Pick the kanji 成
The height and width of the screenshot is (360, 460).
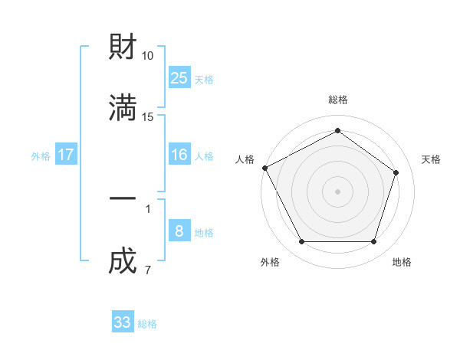pos(123,260)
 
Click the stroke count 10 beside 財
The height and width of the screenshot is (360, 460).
pos(148,56)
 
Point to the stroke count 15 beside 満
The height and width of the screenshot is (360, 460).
pos(148,116)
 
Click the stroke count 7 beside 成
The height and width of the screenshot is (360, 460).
pos(147,270)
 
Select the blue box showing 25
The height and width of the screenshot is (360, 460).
pos(179,77)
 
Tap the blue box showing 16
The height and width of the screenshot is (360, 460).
pos(179,155)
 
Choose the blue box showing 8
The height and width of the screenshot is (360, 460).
pos(179,231)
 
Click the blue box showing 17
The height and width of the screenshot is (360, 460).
pos(66,155)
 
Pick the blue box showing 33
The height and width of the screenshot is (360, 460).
pos(123,322)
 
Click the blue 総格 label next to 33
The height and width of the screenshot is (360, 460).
pos(147,324)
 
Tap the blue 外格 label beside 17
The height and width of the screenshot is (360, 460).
pos(41,156)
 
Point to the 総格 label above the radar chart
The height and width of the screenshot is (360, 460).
pos(337,100)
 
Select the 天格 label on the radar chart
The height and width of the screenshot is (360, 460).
pos(431,159)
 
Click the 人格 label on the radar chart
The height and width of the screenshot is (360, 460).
pos(245,159)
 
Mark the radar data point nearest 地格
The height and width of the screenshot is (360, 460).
pos(373,242)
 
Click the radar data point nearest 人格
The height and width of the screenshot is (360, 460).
pos(264,168)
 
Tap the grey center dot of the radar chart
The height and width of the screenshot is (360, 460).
pos(337,191)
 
